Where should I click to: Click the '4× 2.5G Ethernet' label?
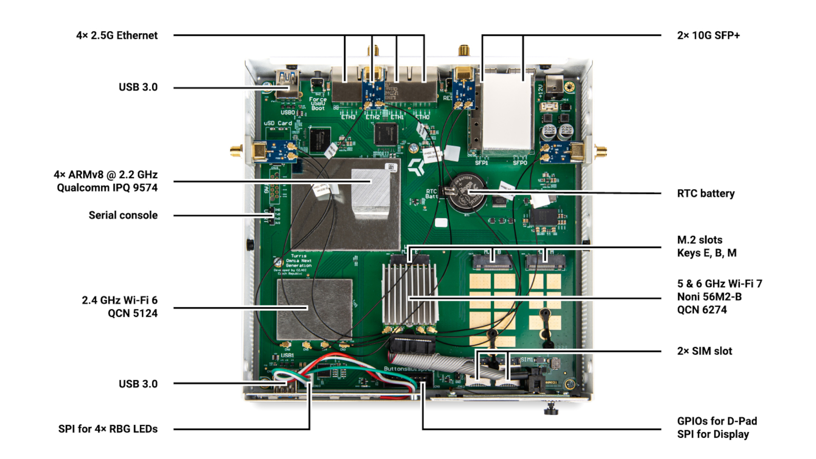[x=117, y=35]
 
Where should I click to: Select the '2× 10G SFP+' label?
[x=708, y=35]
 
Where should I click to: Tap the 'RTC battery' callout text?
[x=705, y=193]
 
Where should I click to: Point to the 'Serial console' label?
[x=123, y=215]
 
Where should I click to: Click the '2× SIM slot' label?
[x=704, y=351]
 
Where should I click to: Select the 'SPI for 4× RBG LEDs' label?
[x=108, y=429]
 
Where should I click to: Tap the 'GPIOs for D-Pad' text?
[x=717, y=421]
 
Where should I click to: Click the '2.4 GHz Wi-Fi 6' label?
[x=119, y=300]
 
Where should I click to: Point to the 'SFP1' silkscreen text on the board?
[x=482, y=163]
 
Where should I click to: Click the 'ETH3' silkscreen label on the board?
[x=348, y=117]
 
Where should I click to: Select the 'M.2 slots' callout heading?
[x=700, y=240]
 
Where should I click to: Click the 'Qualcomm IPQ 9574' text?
[x=107, y=187]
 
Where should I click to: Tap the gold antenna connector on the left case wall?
[x=237, y=150]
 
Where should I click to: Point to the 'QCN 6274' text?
[x=702, y=310]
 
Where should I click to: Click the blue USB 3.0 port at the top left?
[x=287, y=84]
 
